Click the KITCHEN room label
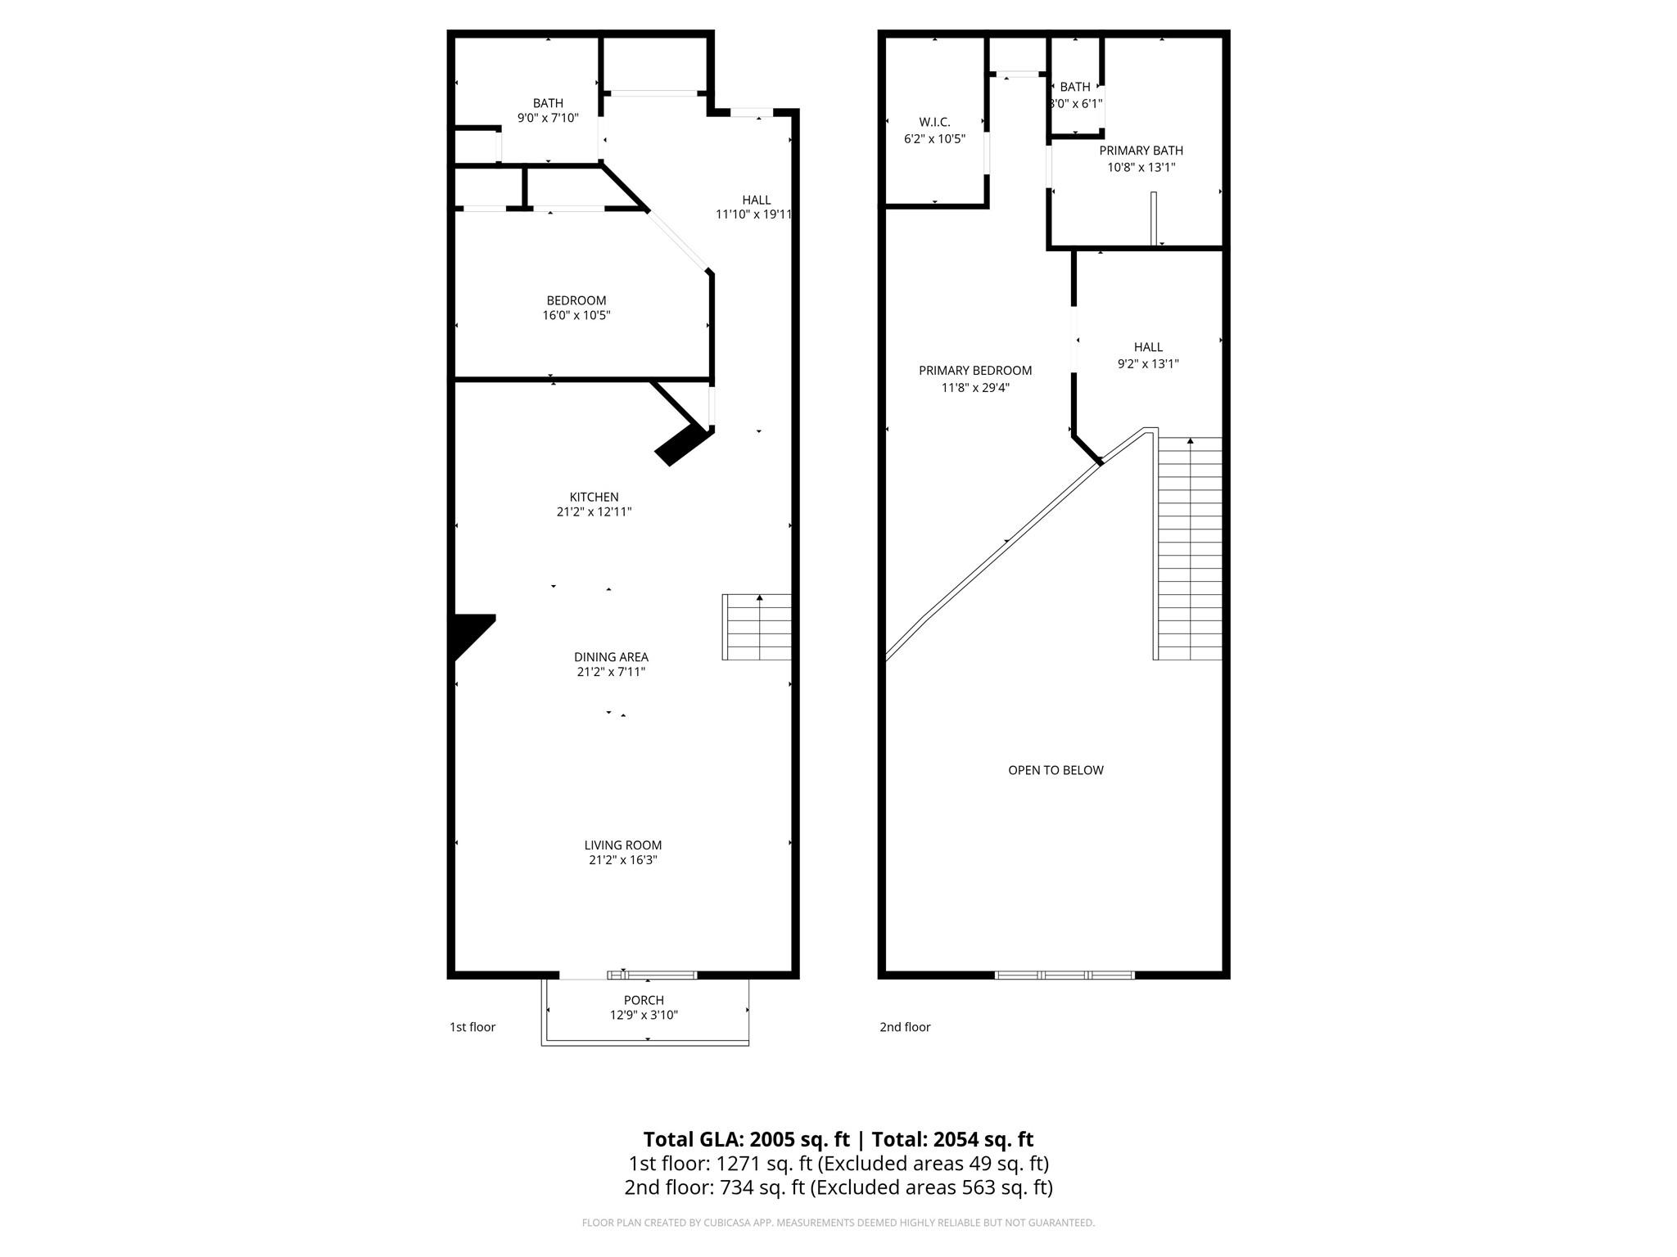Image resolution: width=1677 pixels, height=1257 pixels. [594, 497]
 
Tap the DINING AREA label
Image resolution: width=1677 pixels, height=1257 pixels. [611, 657]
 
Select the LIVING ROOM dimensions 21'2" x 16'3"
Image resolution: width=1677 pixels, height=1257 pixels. [622, 860]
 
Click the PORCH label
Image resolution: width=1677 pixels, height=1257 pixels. [644, 1000]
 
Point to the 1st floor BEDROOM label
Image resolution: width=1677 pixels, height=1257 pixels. [576, 300]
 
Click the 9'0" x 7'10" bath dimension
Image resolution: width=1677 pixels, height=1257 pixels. [548, 118]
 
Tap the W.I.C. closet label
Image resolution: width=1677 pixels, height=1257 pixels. [934, 122]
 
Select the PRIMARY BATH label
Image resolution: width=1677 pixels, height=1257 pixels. [1141, 151]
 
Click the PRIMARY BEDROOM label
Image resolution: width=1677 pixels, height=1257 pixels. [975, 371]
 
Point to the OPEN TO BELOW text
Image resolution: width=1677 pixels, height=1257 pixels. [1055, 770]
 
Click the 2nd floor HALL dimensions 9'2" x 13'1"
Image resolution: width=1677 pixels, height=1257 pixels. [1148, 364]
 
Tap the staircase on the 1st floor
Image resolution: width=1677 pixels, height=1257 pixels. [757, 628]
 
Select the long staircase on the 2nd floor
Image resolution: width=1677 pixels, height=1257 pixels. [1189, 548]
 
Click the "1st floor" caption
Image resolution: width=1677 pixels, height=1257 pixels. [472, 1027]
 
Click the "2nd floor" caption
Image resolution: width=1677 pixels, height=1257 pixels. [905, 1027]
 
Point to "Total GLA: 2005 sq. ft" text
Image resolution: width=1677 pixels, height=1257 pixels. [746, 1139]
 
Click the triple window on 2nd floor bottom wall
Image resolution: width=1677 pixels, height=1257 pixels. [1065, 975]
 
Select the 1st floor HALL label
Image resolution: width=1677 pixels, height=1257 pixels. [757, 200]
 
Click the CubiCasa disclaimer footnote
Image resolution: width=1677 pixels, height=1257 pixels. [838, 1223]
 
